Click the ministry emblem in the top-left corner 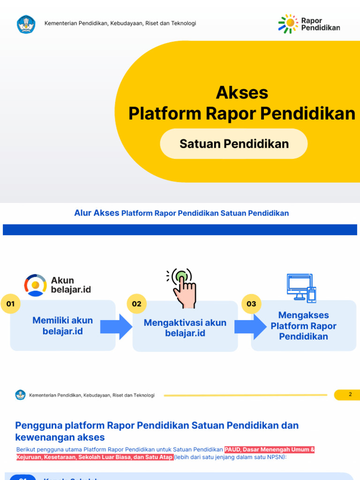[x=26, y=24]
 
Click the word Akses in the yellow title [x=242, y=92]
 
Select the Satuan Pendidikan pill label [x=234, y=143]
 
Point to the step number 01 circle [x=11, y=304]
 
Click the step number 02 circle [x=136, y=304]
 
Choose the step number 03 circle [x=252, y=304]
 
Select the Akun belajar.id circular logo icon [x=36, y=285]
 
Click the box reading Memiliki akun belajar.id [x=63, y=326]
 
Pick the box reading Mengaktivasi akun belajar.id [x=185, y=328]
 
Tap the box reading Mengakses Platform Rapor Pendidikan [x=304, y=326]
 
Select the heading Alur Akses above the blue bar [x=97, y=213]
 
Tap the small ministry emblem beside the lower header [x=20, y=395]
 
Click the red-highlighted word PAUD [x=232, y=450]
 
